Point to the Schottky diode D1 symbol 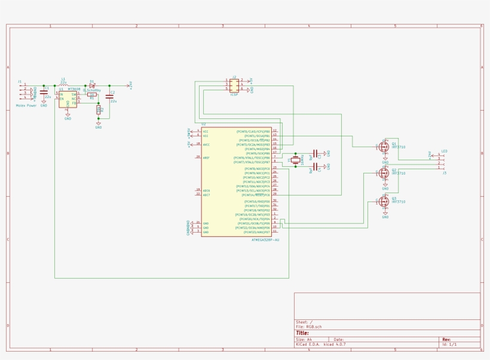tap(91, 86)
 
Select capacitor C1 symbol tap(44, 93)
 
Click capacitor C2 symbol tap(109, 96)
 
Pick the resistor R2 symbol tap(99, 109)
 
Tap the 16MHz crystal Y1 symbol tap(295, 160)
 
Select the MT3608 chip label tap(74, 89)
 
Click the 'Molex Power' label tap(26, 105)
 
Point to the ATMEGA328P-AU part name tap(265, 240)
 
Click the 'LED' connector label tap(444, 151)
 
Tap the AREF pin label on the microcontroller tap(206, 157)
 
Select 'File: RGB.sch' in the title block tap(309, 327)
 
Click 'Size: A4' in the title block tap(304, 339)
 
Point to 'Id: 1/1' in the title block tap(449, 344)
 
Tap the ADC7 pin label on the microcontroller tap(206, 195)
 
